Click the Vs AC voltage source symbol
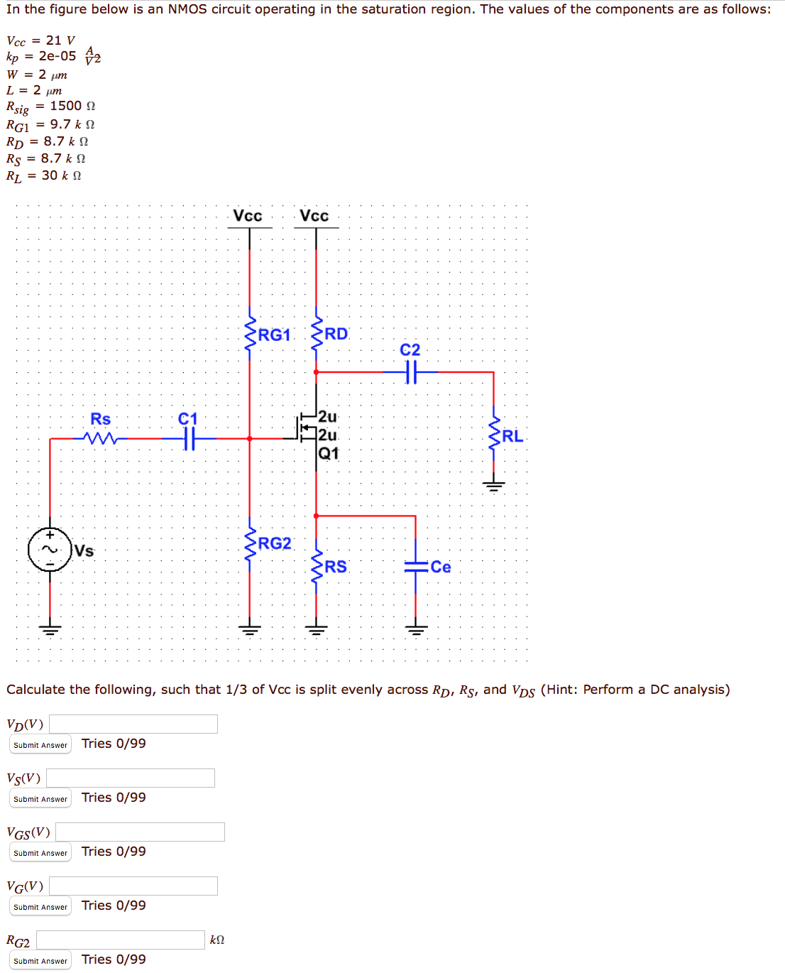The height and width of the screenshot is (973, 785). click(50, 550)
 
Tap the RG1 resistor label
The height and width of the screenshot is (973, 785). click(274, 335)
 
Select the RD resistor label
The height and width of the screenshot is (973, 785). click(336, 334)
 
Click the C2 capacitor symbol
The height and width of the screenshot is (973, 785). click(411, 371)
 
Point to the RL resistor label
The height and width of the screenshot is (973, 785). click(512, 436)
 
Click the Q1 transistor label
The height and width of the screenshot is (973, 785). click(329, 453)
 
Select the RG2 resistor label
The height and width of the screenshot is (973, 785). click(275, 543)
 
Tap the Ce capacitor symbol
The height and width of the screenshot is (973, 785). click(416, 567)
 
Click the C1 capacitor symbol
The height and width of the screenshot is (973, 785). click(188, 439)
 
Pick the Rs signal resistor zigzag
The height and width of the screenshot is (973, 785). click(100, 439)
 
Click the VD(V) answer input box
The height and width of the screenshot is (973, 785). click(133, 724)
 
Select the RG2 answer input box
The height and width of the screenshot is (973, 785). click(121, 940)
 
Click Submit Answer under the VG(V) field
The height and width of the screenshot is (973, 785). click(40, 907)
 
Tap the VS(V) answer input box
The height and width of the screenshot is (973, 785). click(131, 778)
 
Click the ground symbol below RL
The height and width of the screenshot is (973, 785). click(493, 486)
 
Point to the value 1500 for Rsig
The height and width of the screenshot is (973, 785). click(65, 106)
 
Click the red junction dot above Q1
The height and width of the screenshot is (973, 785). click(316, 371)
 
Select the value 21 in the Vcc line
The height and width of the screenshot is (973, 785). click(54, 40)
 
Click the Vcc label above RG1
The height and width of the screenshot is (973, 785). click(248, 216)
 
